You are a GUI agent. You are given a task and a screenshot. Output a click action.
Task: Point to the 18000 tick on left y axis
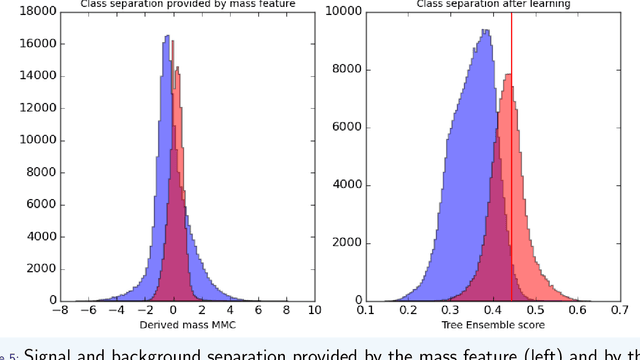pos(39,12)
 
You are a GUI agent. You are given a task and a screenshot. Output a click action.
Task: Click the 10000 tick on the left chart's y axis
pos(39,140)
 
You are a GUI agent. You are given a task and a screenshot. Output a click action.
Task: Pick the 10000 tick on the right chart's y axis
pos(345,12)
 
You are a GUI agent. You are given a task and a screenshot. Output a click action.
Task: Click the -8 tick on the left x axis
pos(61,310)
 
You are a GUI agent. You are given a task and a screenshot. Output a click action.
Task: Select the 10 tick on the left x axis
pos(314,310)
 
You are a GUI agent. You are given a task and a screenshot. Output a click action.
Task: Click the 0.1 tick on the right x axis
pos(365,310)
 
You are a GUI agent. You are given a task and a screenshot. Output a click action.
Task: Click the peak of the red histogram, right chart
pos(510,75)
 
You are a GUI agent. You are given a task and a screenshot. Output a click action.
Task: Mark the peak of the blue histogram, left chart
pos(166,37)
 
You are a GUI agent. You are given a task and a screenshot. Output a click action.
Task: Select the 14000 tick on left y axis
pos(39,76)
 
